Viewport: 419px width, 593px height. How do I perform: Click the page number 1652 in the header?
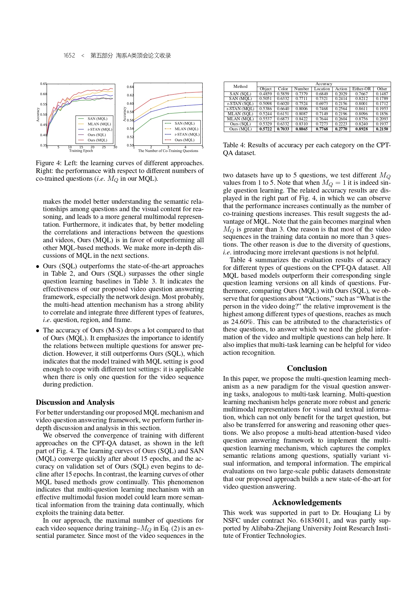pyautogui.click(x=69, y=55)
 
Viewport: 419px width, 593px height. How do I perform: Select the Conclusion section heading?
pyautogui.click(x=307, y=368)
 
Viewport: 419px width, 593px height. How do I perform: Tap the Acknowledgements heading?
pyautogui.click(x=306, y=502)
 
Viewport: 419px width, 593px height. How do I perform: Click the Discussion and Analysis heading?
pyautogui.click(x=75, y=402)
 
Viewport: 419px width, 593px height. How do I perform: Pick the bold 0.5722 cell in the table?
pyautogui.click(x=266, y=129)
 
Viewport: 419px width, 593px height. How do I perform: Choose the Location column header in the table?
pyautogui.click(x=322, y=89)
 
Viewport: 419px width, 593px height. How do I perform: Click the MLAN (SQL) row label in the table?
pyautogui.click(x=240, y=114)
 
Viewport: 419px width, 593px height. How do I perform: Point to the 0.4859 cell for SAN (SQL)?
pyautogui.click(x=266, y=94)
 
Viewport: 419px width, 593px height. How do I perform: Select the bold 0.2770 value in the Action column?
pyautogui.click(x=341, y=129)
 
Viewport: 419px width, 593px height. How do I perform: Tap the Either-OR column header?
pyautogui.click(x=361, y=89)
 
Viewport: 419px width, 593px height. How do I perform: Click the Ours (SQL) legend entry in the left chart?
pyautogui.click(x=97, y=135)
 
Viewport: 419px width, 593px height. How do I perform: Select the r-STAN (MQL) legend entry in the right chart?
pyautogui.click(x=187, y=134)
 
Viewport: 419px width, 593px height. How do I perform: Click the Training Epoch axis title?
pyautogui.click(x=81, y=151)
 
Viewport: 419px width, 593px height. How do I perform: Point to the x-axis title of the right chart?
pyautogui.click(x=168, y=151)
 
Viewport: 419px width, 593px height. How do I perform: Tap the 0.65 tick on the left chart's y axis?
pyautogui.click(x=43, y=84)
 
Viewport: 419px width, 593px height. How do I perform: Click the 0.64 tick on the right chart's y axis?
pyautogui.click(x=130, y=87)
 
